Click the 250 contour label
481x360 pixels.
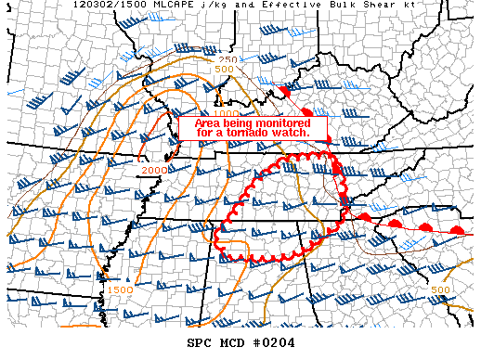[x=228, y=60]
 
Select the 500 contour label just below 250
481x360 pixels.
[x=223, y=70]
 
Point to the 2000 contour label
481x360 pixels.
[x=154, y=170]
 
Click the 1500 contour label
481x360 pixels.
[x=119, y=289]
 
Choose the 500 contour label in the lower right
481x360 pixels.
[x=441, y=289]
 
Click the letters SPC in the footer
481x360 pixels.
[x=202, y=344]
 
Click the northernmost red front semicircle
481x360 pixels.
[x=286, y=92]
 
